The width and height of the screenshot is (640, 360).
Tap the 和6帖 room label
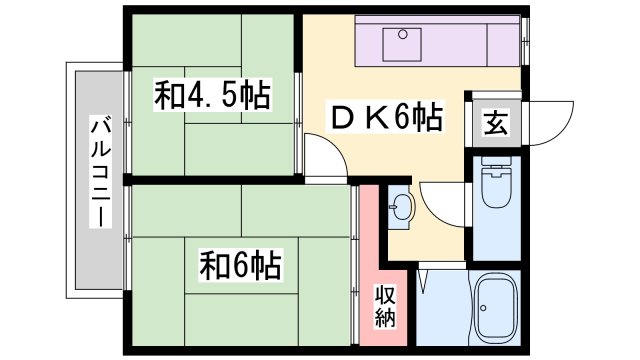point(239,266)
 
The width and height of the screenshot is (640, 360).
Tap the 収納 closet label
point(385,307)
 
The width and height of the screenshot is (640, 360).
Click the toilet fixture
point(494,189)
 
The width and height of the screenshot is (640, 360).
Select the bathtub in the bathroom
point(492,309)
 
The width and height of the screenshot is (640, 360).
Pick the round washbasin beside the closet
point(402,207)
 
